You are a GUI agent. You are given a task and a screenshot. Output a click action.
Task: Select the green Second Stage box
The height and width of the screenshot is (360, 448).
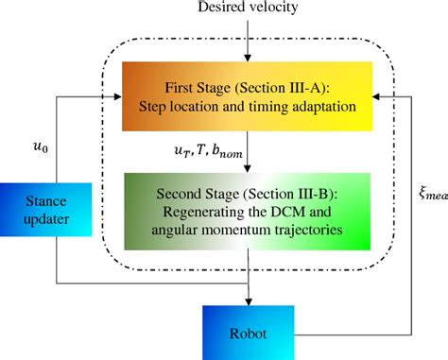pyautogui.click(x=248, y=205)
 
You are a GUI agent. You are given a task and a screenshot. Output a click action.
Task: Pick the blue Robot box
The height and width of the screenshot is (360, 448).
pyautogui.click(x=248, y=332)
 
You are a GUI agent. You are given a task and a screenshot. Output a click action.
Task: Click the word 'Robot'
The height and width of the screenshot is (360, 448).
pyautogui.click(x=248, y=333)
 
